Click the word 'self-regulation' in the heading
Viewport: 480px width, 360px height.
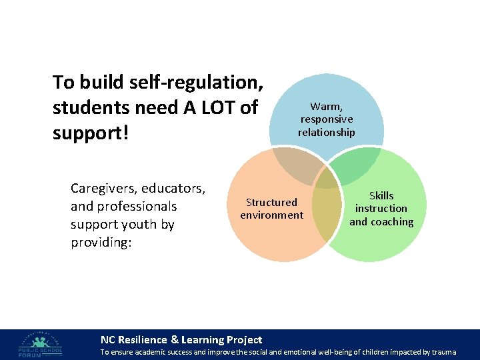tap(194, 83)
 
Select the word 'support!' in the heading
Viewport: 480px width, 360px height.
tap(89, 133)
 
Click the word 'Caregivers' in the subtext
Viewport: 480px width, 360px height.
tap(103, 189)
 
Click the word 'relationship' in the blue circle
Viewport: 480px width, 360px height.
tap(327, 132)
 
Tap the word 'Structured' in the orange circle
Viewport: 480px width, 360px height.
tap(271, 202)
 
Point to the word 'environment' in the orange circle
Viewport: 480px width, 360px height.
tap(271, 215)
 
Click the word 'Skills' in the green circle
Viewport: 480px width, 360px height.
tap(381, 195)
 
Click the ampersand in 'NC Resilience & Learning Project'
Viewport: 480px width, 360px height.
tap(175, 340)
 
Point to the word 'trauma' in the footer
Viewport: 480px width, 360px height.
tap(443, 351)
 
